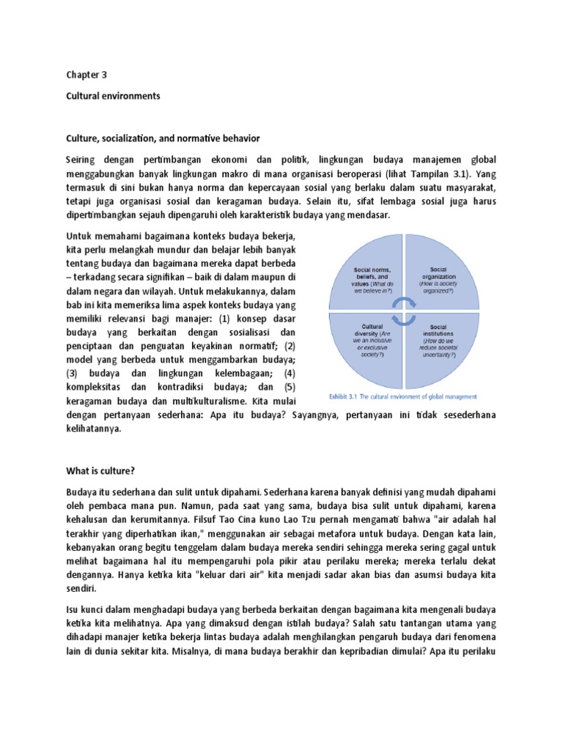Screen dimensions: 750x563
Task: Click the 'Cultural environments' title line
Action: click(113, 96)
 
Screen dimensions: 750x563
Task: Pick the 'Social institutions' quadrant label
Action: click(438, 330)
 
